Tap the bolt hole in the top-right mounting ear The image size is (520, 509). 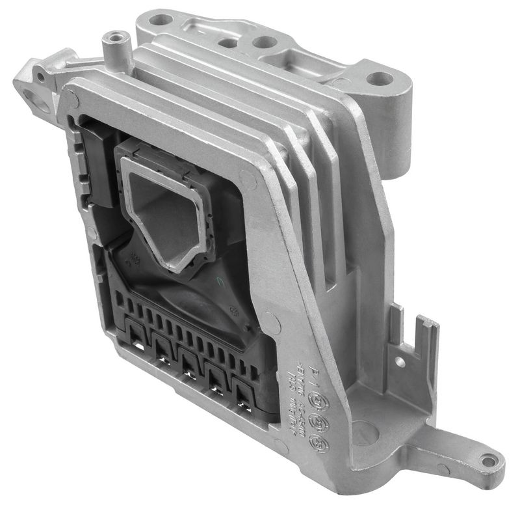click(x=380, y=79)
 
